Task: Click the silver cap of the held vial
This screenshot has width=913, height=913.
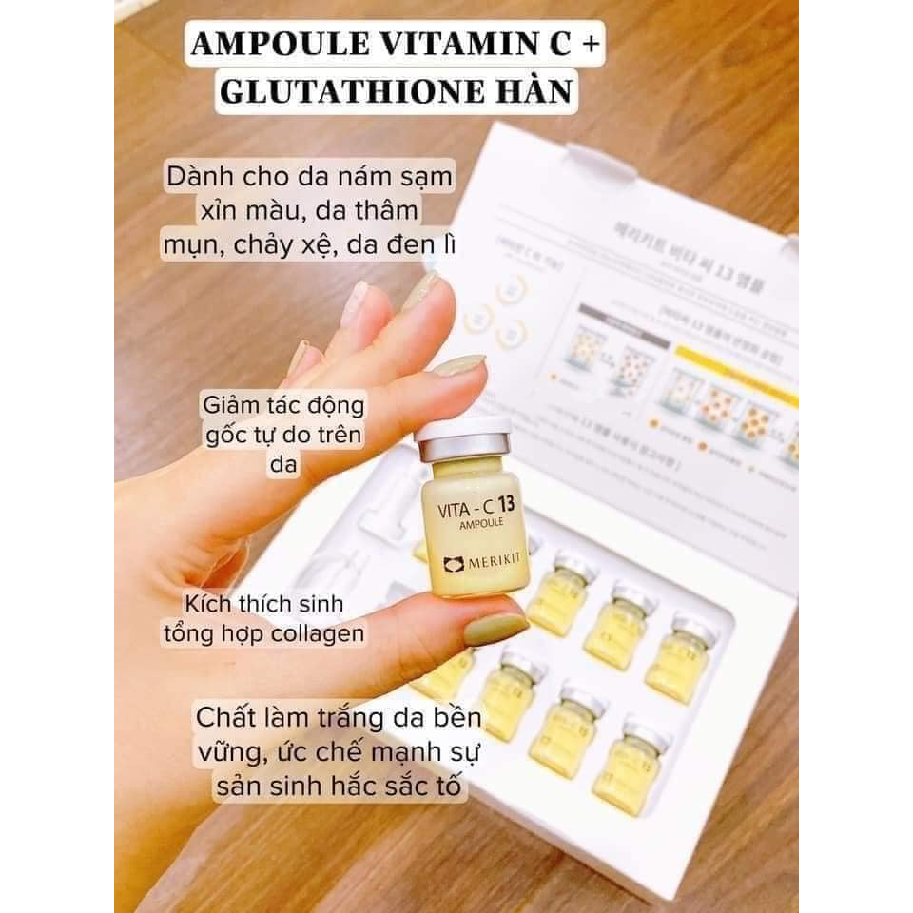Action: click(463, 438)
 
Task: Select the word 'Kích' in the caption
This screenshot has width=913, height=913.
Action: click(214, 604)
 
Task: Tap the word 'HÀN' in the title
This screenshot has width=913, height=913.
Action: click(537, 90)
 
